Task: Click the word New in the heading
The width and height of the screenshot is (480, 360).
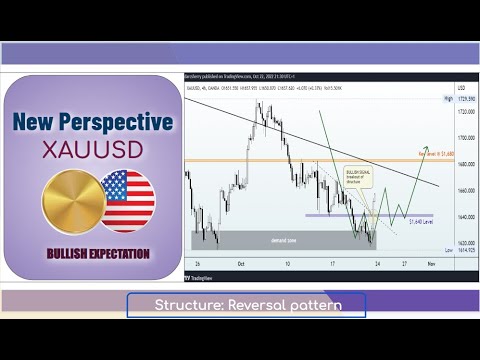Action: (40, 123)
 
